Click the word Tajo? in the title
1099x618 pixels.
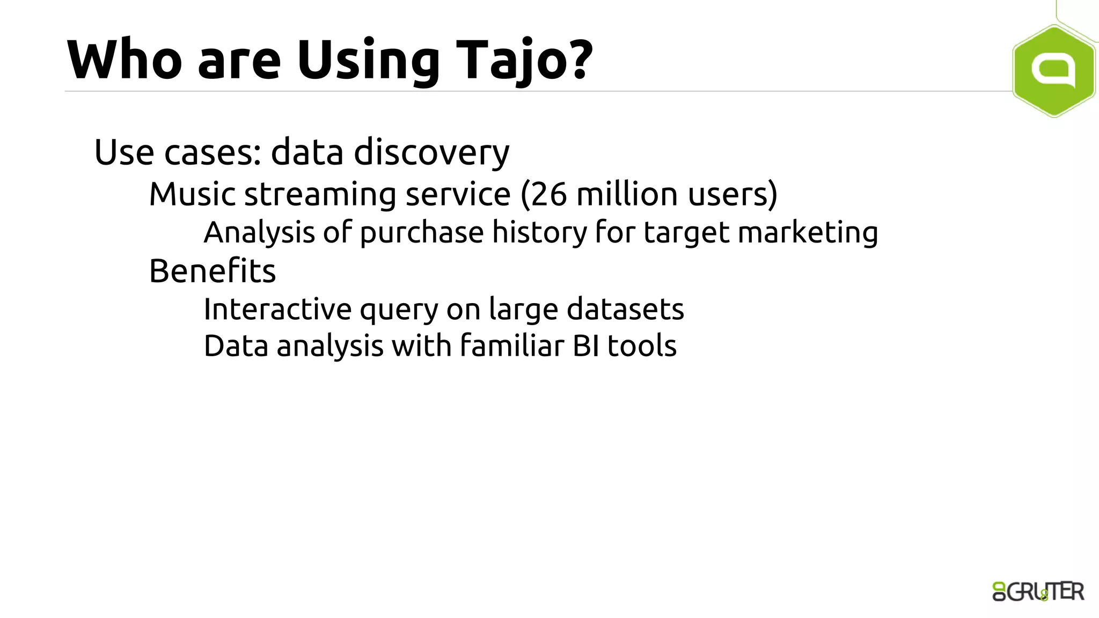524,60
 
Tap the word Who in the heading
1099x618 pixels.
124,60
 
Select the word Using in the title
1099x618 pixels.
368,60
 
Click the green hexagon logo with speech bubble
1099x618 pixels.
1053,71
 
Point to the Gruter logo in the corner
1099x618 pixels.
1038,592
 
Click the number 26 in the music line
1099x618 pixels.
549,194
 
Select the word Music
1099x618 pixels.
192,194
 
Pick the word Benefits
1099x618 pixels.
213,271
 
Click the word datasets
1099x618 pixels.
625,310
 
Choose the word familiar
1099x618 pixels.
512,346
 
